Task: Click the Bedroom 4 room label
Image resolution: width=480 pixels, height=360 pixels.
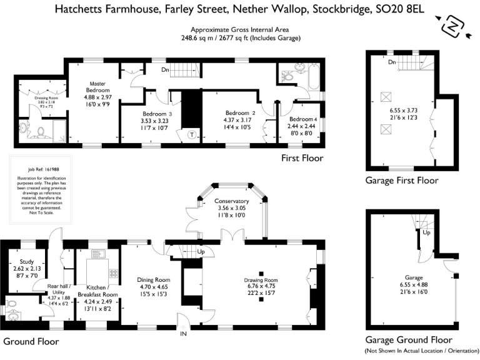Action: [303, 119]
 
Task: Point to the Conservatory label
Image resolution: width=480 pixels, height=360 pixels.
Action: [231, 201]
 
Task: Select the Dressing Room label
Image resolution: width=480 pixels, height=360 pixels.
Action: [33, 97]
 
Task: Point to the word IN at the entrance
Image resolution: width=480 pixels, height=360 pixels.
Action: [184, 335]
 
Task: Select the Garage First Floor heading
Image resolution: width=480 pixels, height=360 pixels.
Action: [402, 181]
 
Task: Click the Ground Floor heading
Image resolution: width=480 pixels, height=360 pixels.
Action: [31, 341]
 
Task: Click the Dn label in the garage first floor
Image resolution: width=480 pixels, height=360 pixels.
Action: [392, 62]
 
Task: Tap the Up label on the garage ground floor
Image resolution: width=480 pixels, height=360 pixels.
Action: [427, 232]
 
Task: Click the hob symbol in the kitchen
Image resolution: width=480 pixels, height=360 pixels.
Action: [114, 273]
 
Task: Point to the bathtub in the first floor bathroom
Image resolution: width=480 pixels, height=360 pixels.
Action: [310, 76]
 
